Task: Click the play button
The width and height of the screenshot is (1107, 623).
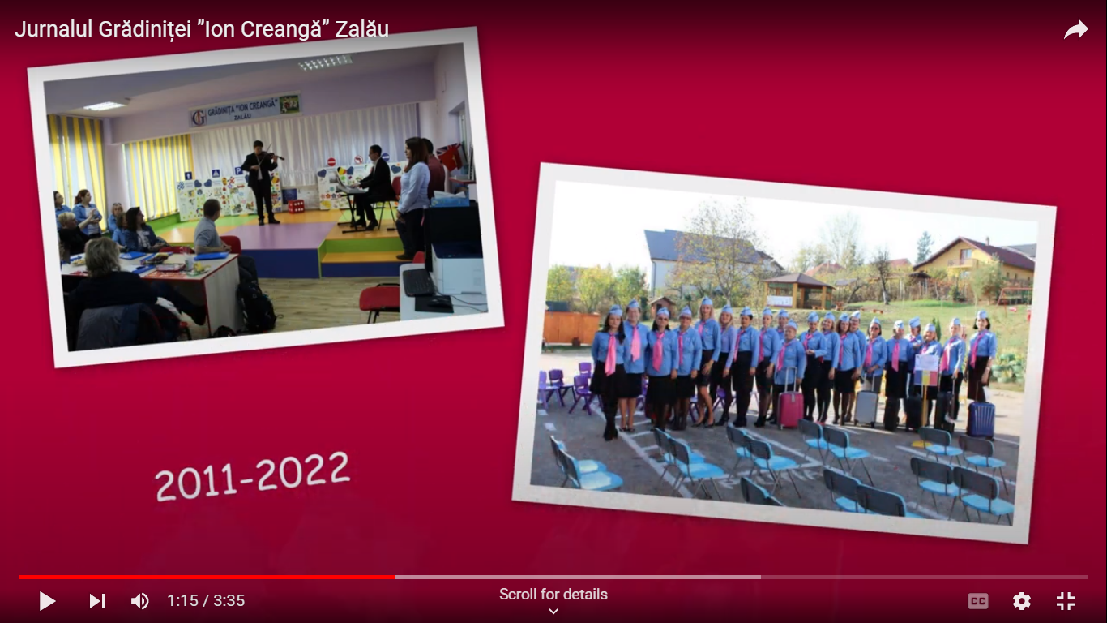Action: [x=48, y=601]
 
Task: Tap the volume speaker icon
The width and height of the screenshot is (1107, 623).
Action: [x=140, y=601]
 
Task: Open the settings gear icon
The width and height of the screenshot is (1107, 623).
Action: [x=1022, y=601]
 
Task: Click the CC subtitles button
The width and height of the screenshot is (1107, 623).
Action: [x=978, y=601]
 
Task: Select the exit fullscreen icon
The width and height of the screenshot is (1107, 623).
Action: [x=1066, y=601]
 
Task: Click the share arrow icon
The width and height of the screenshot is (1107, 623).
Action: [x=1076, y=29]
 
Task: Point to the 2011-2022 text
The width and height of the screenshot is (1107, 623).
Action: [x=252, y=476]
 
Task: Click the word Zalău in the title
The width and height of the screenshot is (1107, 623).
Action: [x=361, y=29]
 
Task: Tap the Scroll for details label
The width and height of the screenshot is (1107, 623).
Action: [x=553, y=595]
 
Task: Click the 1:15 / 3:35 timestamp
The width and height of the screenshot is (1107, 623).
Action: [x=206, y=601]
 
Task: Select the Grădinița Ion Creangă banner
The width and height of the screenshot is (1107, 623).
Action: [x=245, y=110]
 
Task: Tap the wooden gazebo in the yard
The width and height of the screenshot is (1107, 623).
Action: [x=798, y=291]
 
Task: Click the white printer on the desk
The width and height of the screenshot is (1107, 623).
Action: [x=458, y=269]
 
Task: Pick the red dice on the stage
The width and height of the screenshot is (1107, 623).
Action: [x=296, y=206]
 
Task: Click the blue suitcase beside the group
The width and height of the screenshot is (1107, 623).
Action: [x=981, y=419]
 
